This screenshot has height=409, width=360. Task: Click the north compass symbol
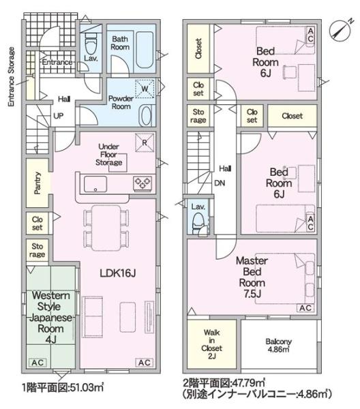click(340, 31)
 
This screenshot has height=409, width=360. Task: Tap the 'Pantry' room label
click(37, 183)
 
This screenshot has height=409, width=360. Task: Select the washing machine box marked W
click(145, 89)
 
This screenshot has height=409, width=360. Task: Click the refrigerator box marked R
click(145, 142)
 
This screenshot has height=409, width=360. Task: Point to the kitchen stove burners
click(142, 183)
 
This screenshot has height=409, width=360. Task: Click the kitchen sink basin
click(95, 184)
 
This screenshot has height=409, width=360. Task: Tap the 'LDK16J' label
click(118, 273)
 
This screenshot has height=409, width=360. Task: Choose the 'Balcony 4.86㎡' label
click(278, 345)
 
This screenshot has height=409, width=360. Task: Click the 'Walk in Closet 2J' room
click(211, 344)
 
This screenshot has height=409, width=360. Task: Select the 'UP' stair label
click(58, 116)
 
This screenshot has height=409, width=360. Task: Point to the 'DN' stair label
click(220, 183)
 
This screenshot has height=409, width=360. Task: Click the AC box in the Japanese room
click(37, 363)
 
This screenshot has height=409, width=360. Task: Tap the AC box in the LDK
click(145, 363)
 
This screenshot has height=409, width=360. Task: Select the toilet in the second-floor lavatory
click(198, 222)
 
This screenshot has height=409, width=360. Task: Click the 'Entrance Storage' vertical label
click(11, 76)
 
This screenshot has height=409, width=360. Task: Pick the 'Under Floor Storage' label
click(109, 155)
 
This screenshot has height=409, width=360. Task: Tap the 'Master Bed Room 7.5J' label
click(252, 277)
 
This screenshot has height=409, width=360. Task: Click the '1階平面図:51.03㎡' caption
click(63, 388)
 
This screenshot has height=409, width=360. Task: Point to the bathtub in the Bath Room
click(145, 50)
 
